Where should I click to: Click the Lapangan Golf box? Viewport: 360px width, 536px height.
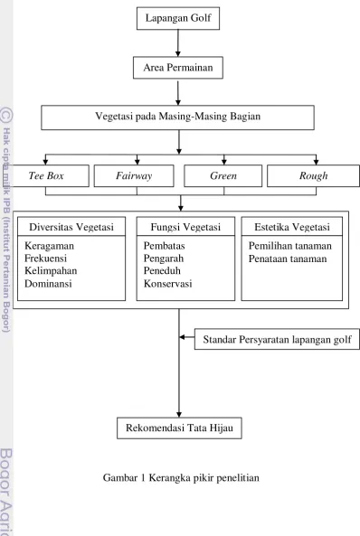tap(178, 18)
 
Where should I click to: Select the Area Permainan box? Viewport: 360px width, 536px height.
tap(178, 68)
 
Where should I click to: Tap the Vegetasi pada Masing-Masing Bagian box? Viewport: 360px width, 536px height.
tap(177, 118)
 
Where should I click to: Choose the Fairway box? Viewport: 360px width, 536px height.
tap(134, 175)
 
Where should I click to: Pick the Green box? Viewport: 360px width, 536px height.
tap(223, 175)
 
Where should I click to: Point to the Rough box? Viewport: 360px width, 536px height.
tap(313, 175)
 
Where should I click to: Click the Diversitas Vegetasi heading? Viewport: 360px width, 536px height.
tap(71, 227)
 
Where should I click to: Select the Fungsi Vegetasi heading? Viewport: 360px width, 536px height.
tap(185, 227)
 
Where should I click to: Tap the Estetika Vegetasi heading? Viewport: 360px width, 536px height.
tap(292, 227)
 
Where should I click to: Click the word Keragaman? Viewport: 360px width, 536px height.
tap(49, 246)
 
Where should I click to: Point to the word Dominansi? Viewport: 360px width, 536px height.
tap(48, 284)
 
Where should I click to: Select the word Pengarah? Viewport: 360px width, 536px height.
tap(164, 259)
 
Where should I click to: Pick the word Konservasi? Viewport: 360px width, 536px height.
tap(167, 284)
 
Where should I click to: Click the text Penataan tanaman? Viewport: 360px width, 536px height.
tap(288, 259)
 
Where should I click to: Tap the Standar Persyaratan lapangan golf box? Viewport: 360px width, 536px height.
tap(277, 339)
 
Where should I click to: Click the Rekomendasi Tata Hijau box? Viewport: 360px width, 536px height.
tap(179, 428)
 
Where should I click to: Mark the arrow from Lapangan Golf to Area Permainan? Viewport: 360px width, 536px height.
tap(178, 43)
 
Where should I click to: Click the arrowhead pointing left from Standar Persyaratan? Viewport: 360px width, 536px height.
tap(182, 337)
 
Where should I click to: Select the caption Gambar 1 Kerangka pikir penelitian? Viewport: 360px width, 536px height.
tap(181, 477)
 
